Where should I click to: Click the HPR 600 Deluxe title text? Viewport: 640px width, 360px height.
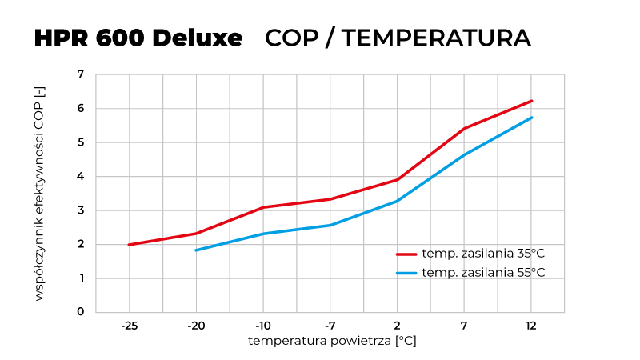coord(138,38)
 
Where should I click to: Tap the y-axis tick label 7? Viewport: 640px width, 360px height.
coord(80,74)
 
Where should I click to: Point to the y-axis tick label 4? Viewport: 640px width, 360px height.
coord(80,177)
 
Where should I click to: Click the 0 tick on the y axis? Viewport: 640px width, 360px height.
coord(80,312)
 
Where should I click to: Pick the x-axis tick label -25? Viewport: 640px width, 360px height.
coord(129,326)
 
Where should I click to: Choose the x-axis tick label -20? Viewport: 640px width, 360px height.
coord(196,326)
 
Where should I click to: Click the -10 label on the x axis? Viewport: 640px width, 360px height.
coord(263,326)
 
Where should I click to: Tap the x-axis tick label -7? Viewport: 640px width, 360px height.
coord(330,326)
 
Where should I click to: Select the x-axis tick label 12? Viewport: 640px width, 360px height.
coord(531,326)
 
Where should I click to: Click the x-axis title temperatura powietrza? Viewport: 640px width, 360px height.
coord(332,341)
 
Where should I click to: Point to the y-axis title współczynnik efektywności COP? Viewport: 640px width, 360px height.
coord(39,194)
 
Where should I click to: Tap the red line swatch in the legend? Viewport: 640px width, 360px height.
coord(407,254)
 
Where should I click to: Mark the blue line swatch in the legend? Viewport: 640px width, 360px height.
coord(407,273)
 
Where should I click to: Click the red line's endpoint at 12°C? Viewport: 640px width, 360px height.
coord(531,101)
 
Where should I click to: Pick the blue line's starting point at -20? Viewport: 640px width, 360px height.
coord(196,250)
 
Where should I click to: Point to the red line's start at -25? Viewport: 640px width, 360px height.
coord(129,245)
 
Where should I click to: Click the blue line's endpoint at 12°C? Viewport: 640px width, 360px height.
coord(531,118)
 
